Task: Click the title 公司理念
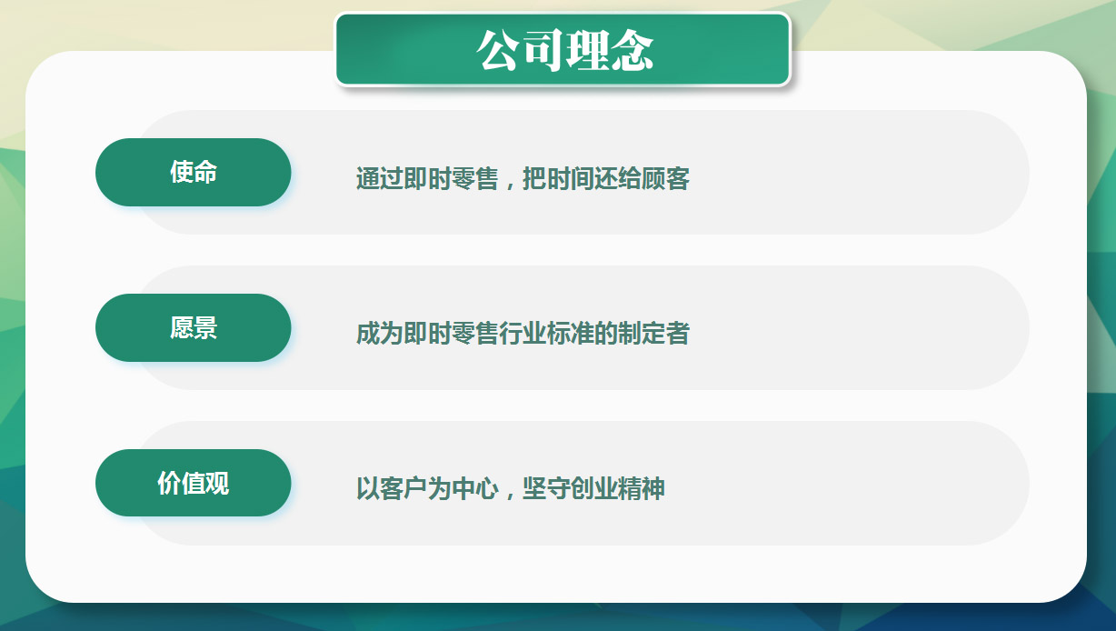pos(564,50)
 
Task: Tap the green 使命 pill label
pos(194,172)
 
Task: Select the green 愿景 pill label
pos(194,327)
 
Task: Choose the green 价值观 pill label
pos(194,483)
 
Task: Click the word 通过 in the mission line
pos(379,178)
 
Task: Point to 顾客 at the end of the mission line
pos(665,178)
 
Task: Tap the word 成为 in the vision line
pos(379,334)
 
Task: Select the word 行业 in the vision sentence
pos(523,334)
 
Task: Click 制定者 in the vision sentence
pos(654,334)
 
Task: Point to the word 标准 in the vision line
pos(571,334)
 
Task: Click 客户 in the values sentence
pos(404,488)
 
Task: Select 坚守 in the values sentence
pos(545,488)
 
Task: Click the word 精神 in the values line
pos(642,488)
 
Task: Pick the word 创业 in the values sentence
pos(593,488)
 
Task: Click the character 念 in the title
pos(633,50)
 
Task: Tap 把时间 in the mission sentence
pos(558,178)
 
